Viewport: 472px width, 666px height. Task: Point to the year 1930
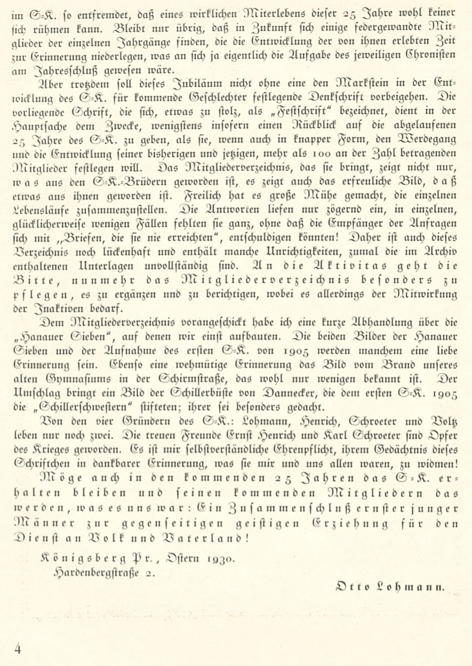(x=220, y=560)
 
